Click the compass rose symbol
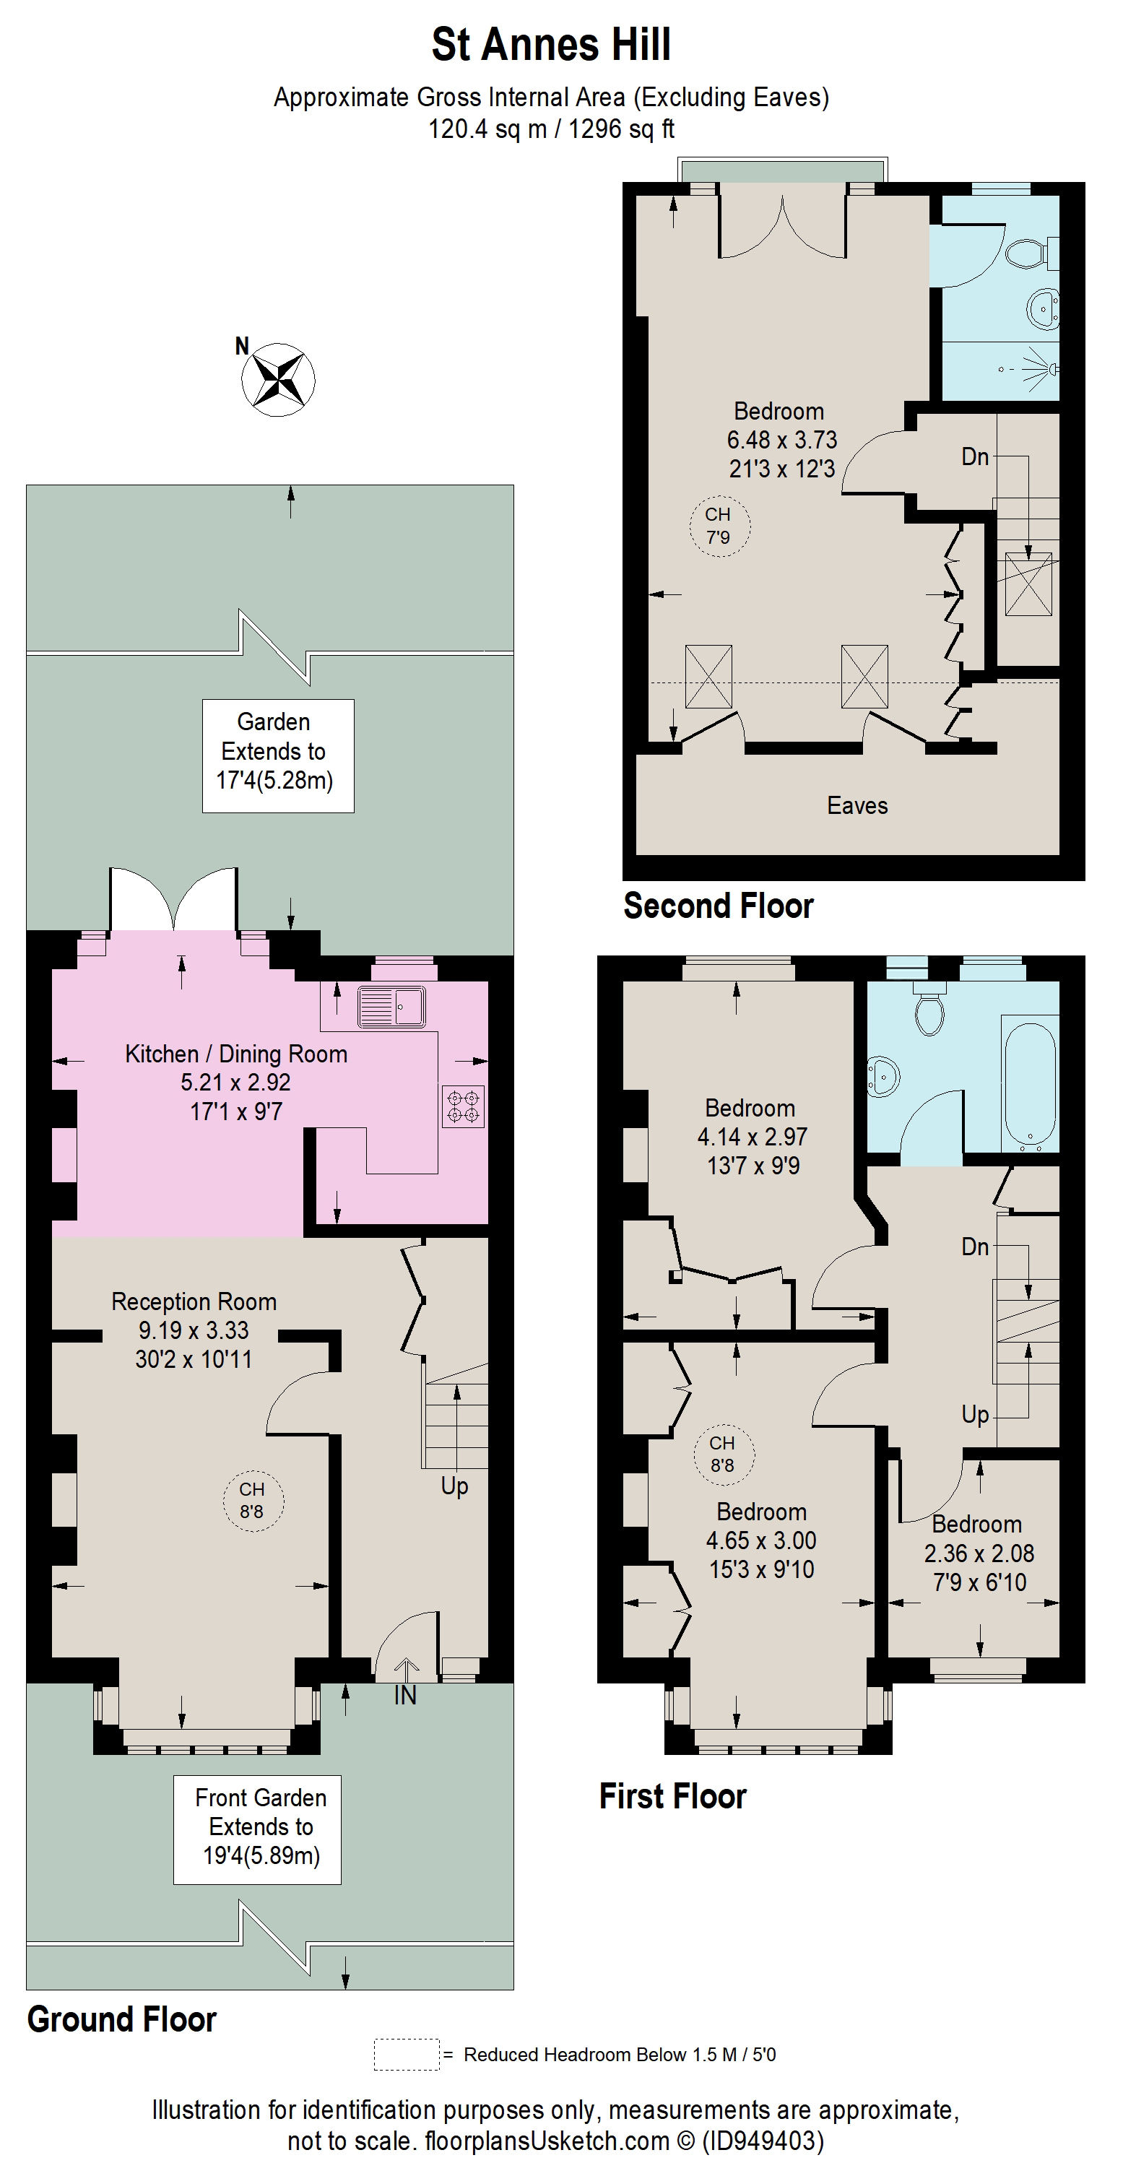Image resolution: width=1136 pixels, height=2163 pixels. pyautogui.click(x=278, y=380)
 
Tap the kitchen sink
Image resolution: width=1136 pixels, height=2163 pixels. pyautogui.click(x=391, y=1006)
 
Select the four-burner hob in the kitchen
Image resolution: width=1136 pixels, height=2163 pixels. pyautogui.click(x=463, y=1106)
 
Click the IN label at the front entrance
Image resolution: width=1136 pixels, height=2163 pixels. pyautogui.click(x=406, y=1695)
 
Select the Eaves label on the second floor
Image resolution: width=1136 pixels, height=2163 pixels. pyautogui.click(x=857, y=805)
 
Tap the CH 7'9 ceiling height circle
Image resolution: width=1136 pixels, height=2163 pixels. pyautogui.click(x=719, y=526)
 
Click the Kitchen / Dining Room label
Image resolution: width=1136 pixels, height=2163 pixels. pyautogui.click(x=236, y=1054)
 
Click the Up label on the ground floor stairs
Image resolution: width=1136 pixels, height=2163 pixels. pyautogui.click(x=454, y=1486)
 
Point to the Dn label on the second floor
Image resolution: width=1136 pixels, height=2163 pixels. pyautogui.click(x=974, y=456)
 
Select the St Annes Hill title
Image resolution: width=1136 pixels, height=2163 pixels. pyautogui.click(x=551, y=45)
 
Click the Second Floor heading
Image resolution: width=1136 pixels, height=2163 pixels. pyautogui.click(x=718, y=906)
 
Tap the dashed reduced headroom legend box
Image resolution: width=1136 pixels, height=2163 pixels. pyautogui.click(x=407, y=2054)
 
